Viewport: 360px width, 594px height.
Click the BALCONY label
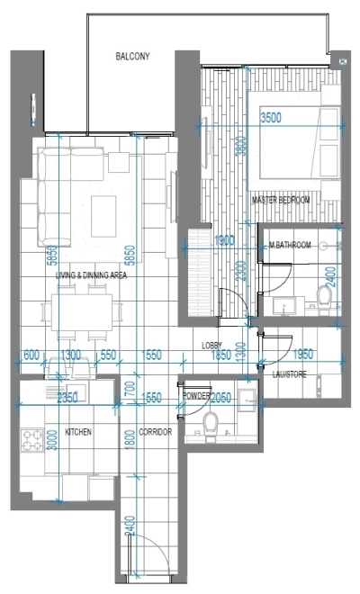132,56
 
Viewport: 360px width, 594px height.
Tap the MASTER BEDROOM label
281,200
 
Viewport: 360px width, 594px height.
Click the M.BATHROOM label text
290,245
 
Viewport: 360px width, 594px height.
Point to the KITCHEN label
78,433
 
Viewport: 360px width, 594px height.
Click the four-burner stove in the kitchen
33,441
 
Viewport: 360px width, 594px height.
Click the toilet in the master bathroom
326,292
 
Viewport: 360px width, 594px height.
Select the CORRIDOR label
157,433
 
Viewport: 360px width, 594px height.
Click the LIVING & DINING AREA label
91,275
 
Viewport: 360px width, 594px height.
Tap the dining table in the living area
82,311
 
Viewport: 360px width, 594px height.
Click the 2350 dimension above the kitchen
67,396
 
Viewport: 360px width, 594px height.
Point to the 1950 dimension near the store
303,355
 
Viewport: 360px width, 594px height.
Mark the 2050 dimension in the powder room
221,397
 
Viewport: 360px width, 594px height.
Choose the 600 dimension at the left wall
30,355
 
